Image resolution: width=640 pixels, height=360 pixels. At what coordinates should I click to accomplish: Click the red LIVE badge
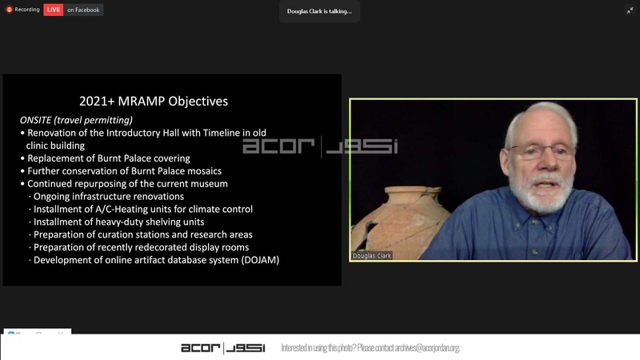click(53, 10)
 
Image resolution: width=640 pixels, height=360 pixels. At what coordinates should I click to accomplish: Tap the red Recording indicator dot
click(9, 10)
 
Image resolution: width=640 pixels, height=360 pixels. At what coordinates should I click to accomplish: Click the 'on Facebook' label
click(83, 10)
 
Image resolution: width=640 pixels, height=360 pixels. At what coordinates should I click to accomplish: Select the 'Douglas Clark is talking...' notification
click(319, 11)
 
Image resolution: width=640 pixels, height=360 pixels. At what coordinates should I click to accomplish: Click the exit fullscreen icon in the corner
click(630, 10)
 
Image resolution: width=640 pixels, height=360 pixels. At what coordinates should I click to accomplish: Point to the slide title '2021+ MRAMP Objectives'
click(154, 102)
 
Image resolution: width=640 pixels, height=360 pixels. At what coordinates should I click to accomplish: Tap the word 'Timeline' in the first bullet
click(222, 133)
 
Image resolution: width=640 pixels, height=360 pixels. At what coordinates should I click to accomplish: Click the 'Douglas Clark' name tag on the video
click(371, 256)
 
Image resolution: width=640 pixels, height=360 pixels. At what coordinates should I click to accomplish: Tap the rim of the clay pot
click(413, 190)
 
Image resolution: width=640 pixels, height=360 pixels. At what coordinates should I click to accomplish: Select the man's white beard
click(541, 193)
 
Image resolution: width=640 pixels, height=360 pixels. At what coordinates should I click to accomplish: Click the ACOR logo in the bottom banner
click(223, 348)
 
